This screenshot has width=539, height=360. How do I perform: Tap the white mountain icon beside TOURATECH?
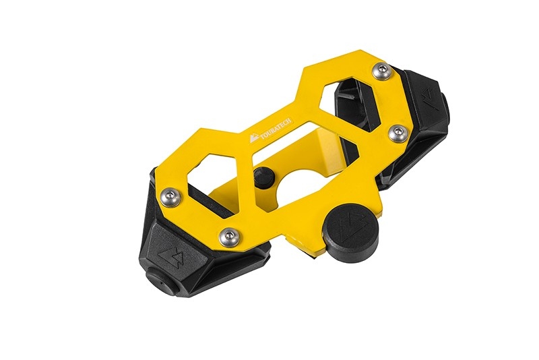point(252,139)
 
